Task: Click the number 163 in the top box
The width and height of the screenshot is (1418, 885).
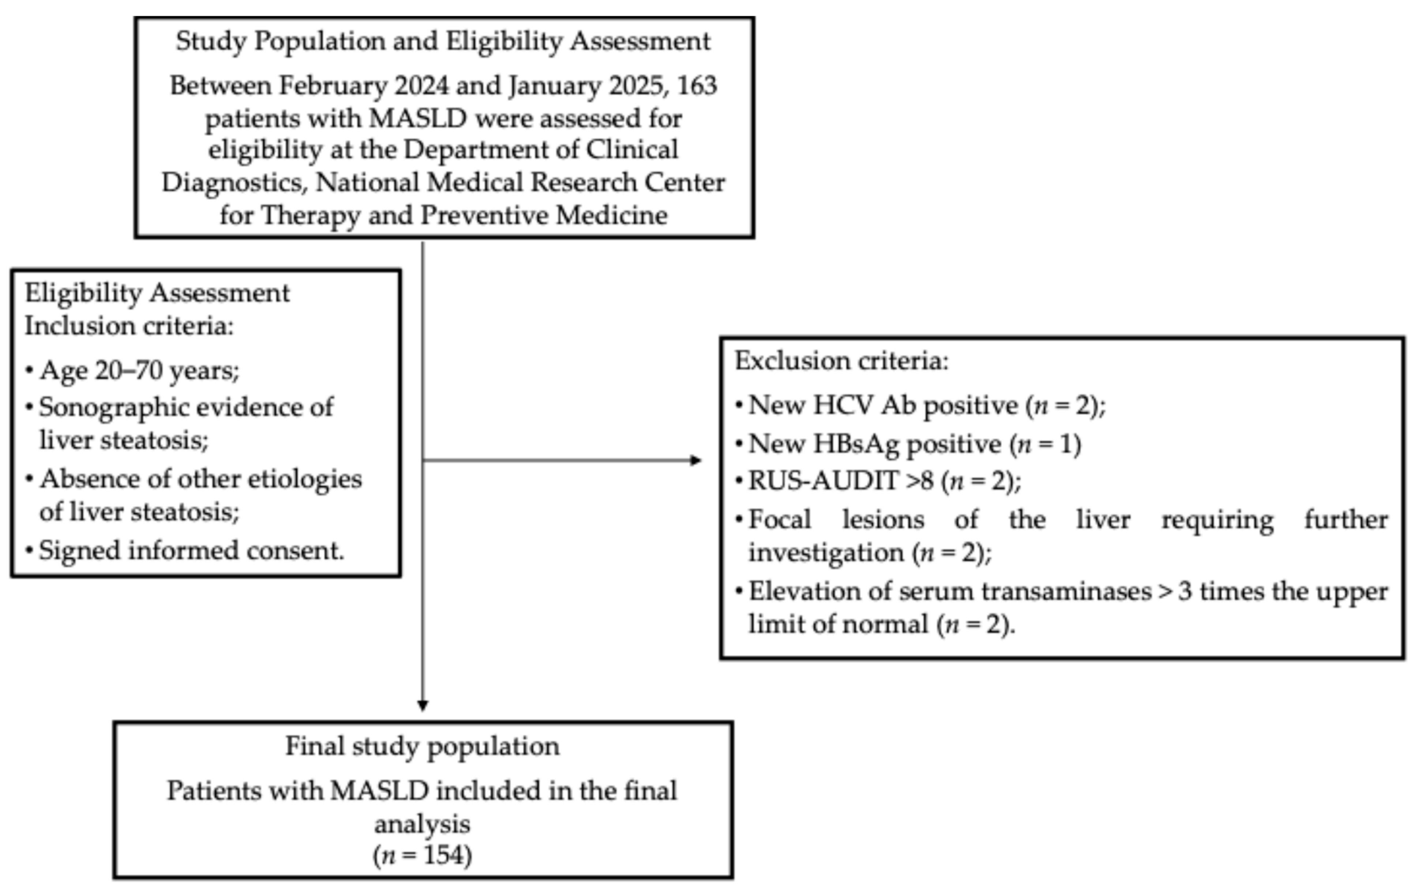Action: (x=697, y=86)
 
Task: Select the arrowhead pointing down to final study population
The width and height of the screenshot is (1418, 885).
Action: (x=422, y=705)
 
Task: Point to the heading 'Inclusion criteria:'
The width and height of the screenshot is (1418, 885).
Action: (x=129, y=326)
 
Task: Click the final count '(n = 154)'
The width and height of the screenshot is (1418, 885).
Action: (x=422, y=855)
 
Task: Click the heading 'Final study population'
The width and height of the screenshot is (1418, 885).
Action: (x=422, y=746)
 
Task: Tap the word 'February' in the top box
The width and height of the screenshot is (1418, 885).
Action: (x=332, y=86)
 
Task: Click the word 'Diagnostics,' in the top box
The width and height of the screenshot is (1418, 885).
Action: (x=235, y=182)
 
